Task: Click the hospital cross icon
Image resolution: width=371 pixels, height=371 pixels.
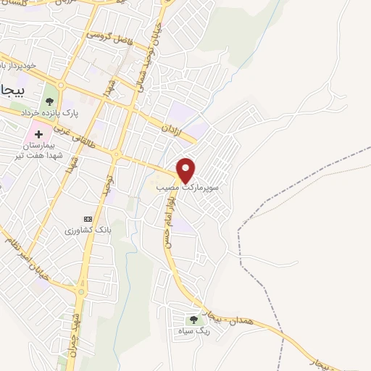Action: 38,135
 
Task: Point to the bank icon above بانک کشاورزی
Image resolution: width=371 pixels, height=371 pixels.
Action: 88,219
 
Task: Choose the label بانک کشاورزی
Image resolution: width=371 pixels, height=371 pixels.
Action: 86,230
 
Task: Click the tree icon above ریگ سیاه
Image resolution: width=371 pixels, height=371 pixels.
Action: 193,320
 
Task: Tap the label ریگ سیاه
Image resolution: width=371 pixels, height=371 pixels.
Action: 193,331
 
